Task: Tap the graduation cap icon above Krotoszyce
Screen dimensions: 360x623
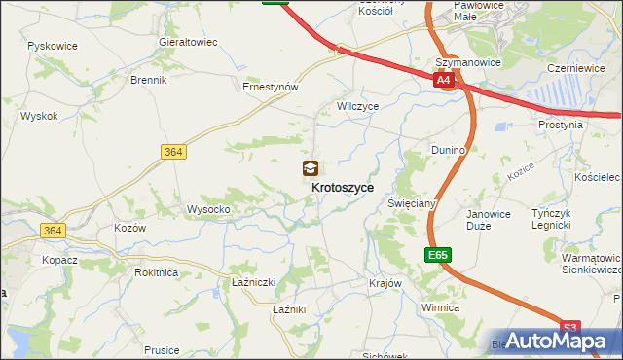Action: pyautogui.click(x=310, y=168)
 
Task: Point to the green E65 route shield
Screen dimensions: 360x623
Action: pyautogui.click(x=437, y=255)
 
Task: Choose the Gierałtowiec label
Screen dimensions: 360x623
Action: pyautogui.click(x=187, y=43)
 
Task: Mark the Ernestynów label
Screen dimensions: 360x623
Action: pyautogui.click(x=270, y=86)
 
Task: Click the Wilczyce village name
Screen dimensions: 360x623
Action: pyautogui.click(x=357, y=105)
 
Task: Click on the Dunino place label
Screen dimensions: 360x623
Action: pyautogui.click(x=449, y=150)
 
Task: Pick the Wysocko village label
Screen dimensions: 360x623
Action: pyautogui.click(x=207, y=209)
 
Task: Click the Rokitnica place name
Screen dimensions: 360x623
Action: pyautogui.click(x=157, y=272)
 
